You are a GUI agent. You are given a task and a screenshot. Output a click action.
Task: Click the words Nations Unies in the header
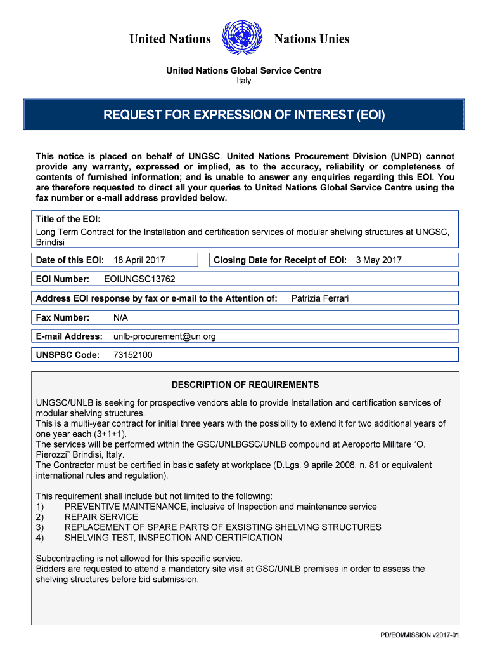click(311, 39)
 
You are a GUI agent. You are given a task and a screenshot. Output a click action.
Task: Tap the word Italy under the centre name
click(243, 81)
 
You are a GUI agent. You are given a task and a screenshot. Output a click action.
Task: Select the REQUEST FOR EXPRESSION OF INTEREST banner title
click(244, 115)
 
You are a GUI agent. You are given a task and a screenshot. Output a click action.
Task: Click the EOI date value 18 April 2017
click(139, 260)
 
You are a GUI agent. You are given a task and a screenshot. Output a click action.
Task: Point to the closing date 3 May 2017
click(378, 260)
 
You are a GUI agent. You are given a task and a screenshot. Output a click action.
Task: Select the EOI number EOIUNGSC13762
click(139, 279)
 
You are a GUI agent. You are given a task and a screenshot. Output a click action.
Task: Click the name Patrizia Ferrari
click(319, 298)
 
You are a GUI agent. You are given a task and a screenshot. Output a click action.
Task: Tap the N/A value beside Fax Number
click(120, 317)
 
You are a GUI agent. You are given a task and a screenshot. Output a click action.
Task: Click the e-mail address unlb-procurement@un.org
click(164, 336)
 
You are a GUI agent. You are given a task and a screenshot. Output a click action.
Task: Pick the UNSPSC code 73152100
click(132, 355)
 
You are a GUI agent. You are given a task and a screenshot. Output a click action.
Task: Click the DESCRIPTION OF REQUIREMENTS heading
click(245, 385)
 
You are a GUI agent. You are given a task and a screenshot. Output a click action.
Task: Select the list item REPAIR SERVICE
click(101, 517)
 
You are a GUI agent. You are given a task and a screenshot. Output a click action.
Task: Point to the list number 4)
click(40, 538)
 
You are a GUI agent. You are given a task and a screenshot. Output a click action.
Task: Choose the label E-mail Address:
click(69, 336)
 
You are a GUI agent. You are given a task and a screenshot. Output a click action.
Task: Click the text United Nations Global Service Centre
click(243, 70)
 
